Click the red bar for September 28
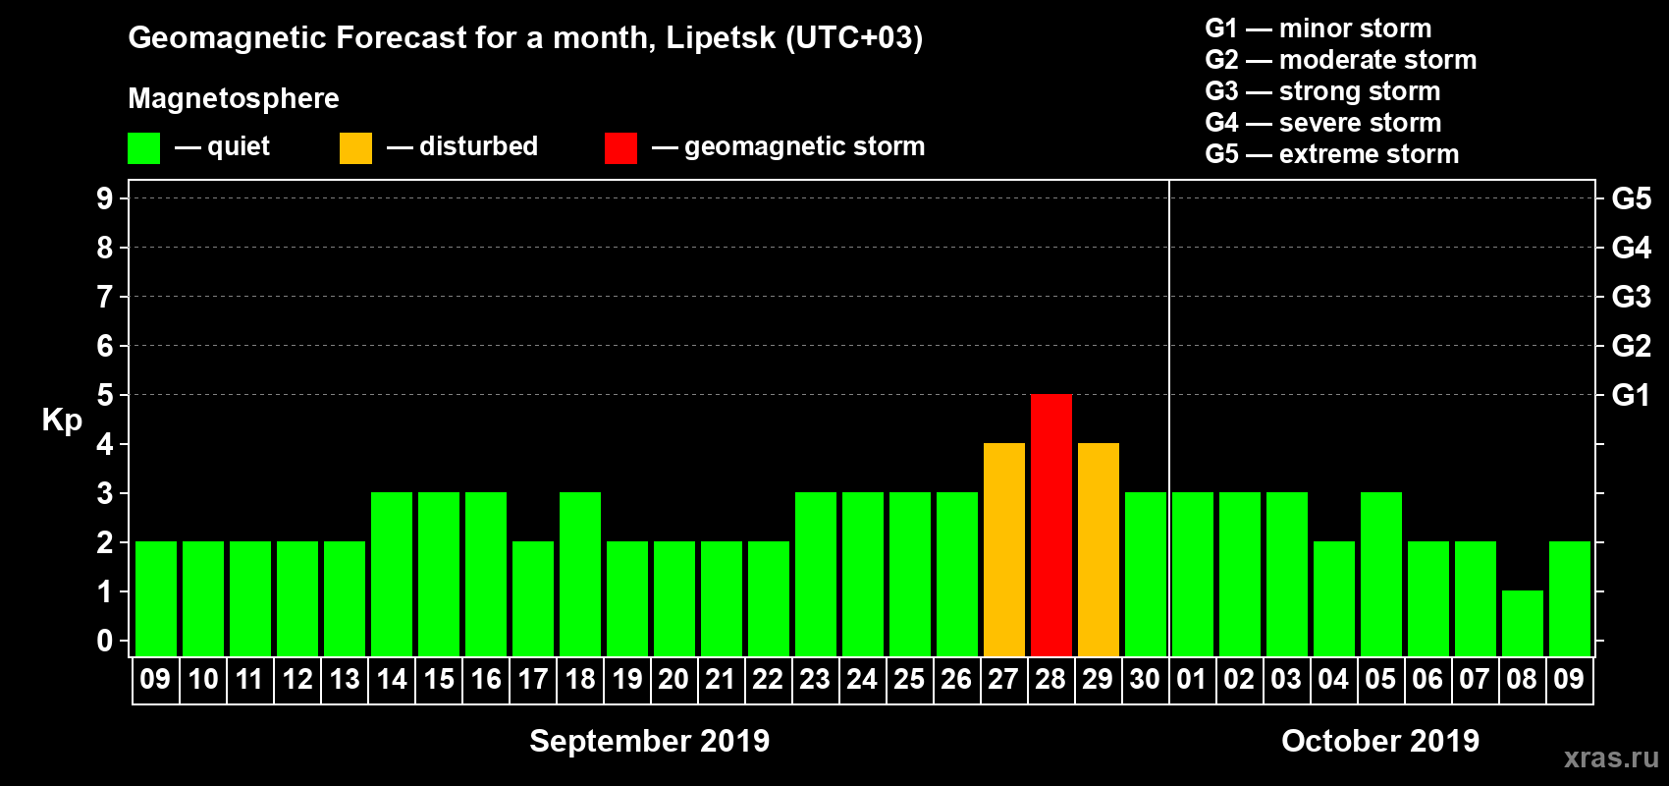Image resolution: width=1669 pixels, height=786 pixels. pyautogui.click(x=1050, y=525)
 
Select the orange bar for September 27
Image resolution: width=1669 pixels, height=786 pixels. pyautogui.click(x=1003, y=549)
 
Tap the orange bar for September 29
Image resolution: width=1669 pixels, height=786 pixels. pyautogui.click(x=1098, y=549)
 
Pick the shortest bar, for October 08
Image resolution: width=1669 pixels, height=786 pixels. pyautogui.click(x=1522, y=623)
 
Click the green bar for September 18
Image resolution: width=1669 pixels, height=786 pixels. pyautogui.click(x=579, y=574)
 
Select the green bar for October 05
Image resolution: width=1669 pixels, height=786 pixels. pyautogui.click(x=1380, y=574)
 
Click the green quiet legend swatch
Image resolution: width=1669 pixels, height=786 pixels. pyautogui.click(x=143, y=148)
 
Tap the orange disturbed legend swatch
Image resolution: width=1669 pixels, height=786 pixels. pyautogui.click(x=355, y=148)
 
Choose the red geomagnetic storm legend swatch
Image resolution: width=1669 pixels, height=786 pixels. pyautogui.click(x=620, y=148)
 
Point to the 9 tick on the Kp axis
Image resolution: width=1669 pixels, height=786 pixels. pyautogui.click(x=105, y=198)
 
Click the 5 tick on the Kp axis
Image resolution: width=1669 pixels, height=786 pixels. pyautogui.click(x=105, y=395)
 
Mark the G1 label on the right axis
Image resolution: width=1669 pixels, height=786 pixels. pyautogui.click(x=1631, y=395)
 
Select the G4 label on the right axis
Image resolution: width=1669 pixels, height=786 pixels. pyautogui.click(x=1631, y=248)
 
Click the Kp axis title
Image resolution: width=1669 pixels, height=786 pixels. pyautogui.click(x=62, y=421)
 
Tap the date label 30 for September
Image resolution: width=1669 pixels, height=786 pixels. pyautogui.click(x=1145, y=679)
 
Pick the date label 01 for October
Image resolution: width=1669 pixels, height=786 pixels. pyautogui.click(x=1192, y=679)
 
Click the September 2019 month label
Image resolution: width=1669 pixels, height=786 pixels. pyautogui.click(x=649, y=741)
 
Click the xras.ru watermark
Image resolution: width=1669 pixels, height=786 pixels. pyautogui.click(x=1610, y=758)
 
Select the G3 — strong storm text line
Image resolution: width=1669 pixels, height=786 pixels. pyautogui.click(x=1322, y=91)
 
